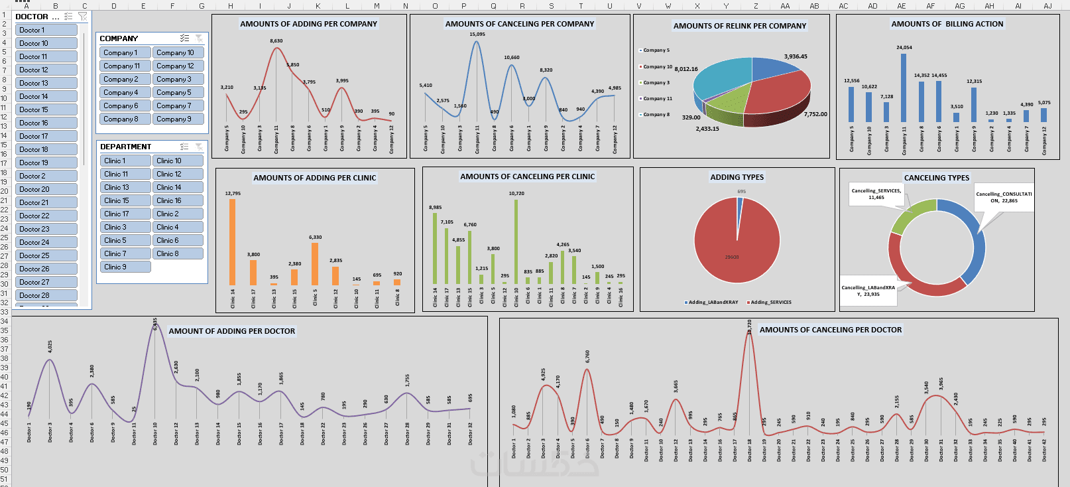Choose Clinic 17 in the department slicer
click(125, 214)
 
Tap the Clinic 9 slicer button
click(125, 267)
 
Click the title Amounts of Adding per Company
click(308, 24)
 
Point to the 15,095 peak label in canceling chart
click(477, 35)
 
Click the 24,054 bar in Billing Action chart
click(904, 86)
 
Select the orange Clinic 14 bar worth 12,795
click(233, 242)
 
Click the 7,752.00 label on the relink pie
click(815, 114)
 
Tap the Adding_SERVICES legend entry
click(770, 303)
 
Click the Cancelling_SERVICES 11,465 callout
click(876, 194)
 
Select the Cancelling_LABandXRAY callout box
click(868, 291)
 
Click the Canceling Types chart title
click(936, 178)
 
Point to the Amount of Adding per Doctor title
click(231, 331)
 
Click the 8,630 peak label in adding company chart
click(276, 41)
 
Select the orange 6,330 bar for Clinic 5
click(315, 263)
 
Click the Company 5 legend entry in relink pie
click(656, 50)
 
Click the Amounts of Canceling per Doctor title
click(830, 330)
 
